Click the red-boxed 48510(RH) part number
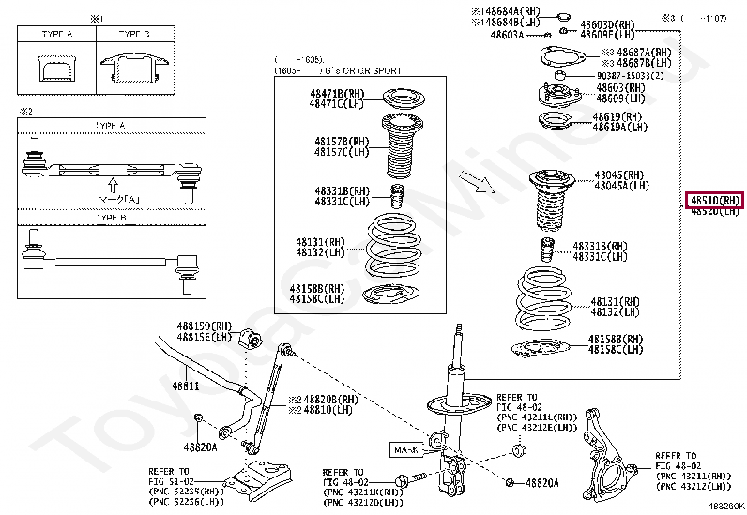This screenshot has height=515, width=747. pos(715,200)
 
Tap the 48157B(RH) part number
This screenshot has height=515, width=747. pos(342,142)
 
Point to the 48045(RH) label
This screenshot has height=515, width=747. pos(619,175)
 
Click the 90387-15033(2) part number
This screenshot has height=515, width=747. pos(630,75)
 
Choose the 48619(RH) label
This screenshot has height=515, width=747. pos(618,116)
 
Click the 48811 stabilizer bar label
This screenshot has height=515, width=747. pos(185,386)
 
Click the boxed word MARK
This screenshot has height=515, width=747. pos(405,449)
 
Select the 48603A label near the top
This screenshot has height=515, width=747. pos(508,35)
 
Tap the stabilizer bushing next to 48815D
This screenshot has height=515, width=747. pos(249,337)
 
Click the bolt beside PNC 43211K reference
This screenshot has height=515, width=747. pos(404,482)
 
